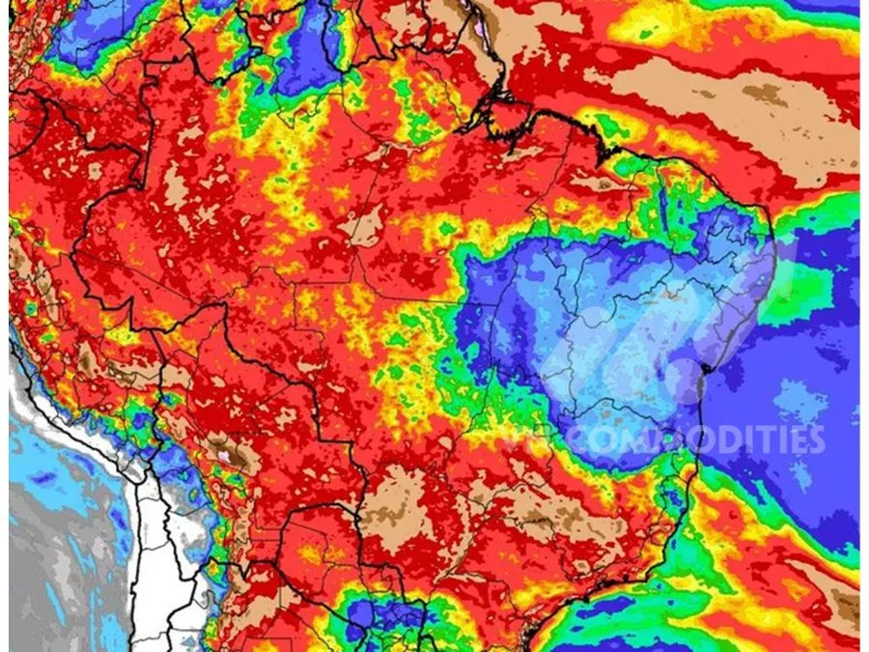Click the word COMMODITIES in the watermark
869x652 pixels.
(676, 439)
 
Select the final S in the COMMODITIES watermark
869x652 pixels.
(817, 439)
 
